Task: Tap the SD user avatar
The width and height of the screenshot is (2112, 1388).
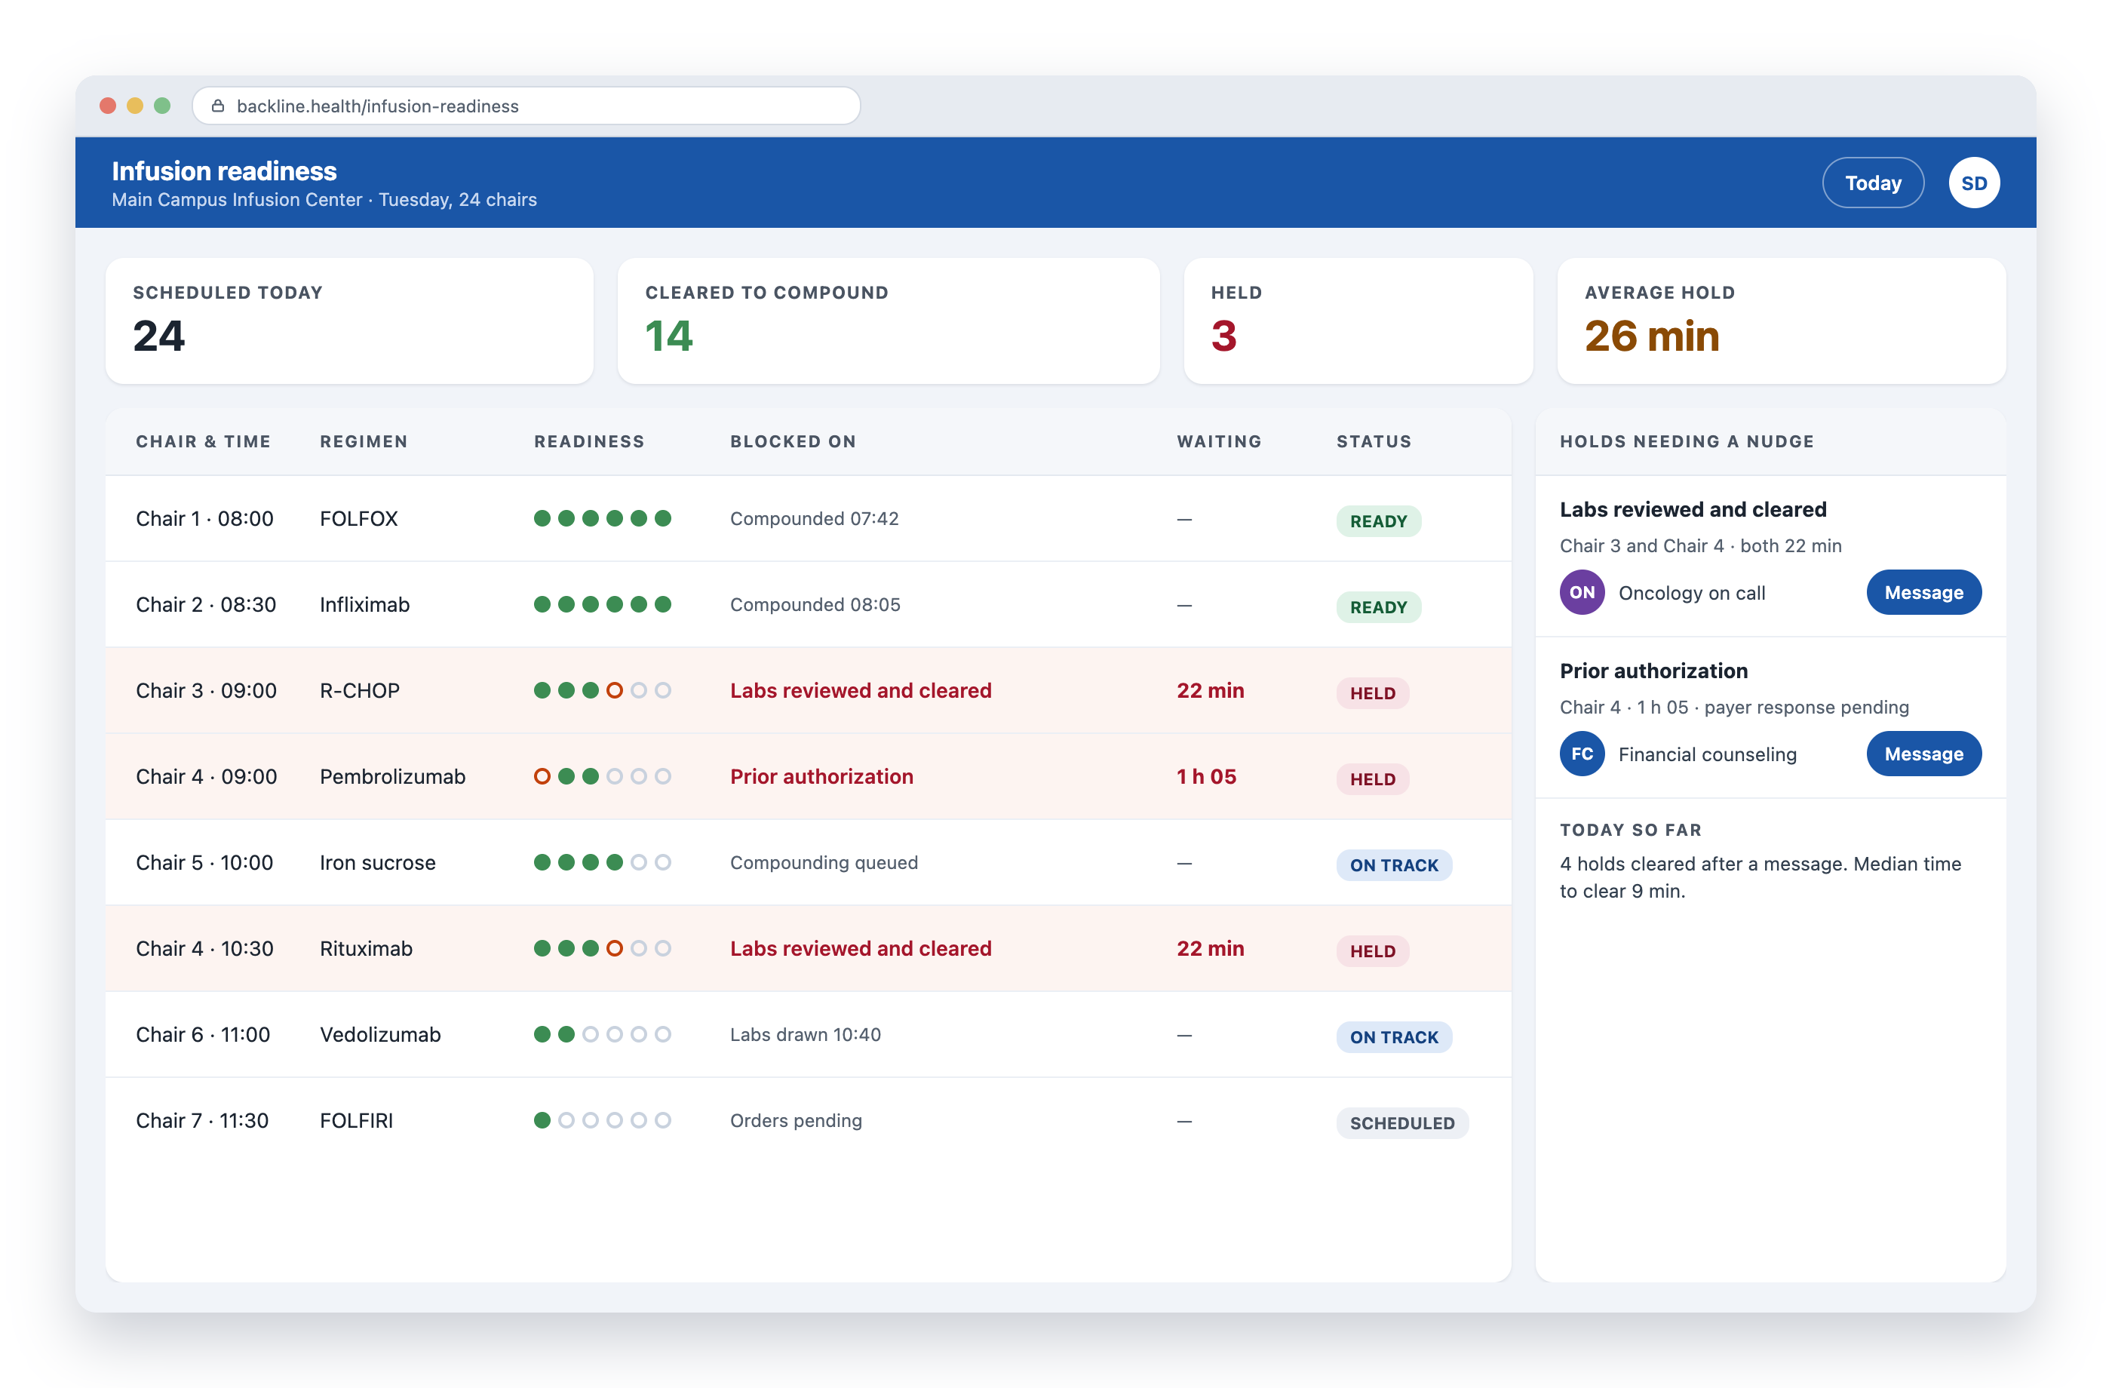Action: [1973, 183]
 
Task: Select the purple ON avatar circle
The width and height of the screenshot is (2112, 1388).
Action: [1582, 592]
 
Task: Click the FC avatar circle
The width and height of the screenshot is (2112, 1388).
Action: [1582, 754]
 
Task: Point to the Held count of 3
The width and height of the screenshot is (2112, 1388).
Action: [1223, 336]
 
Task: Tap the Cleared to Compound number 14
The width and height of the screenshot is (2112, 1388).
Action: [668, 336]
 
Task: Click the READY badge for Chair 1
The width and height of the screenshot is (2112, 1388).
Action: [1378, 521]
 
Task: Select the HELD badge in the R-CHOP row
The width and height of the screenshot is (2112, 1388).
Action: [1372, 693]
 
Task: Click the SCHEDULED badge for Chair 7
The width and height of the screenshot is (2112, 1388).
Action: [1402, 1122]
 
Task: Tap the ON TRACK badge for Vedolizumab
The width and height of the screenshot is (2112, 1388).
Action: [1394, 1036]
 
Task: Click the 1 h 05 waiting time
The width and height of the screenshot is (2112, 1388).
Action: [1206, 776]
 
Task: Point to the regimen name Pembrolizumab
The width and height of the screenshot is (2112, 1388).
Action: [392, 776]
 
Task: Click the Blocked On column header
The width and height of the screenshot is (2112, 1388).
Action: [793, 441]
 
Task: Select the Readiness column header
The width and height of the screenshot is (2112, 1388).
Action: [589, 441]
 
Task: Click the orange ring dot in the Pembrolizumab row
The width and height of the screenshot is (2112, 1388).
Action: [542, 776]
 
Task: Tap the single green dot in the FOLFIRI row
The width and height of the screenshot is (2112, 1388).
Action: [542, 1120]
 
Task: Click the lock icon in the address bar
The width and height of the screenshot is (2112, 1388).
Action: [217, 106]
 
